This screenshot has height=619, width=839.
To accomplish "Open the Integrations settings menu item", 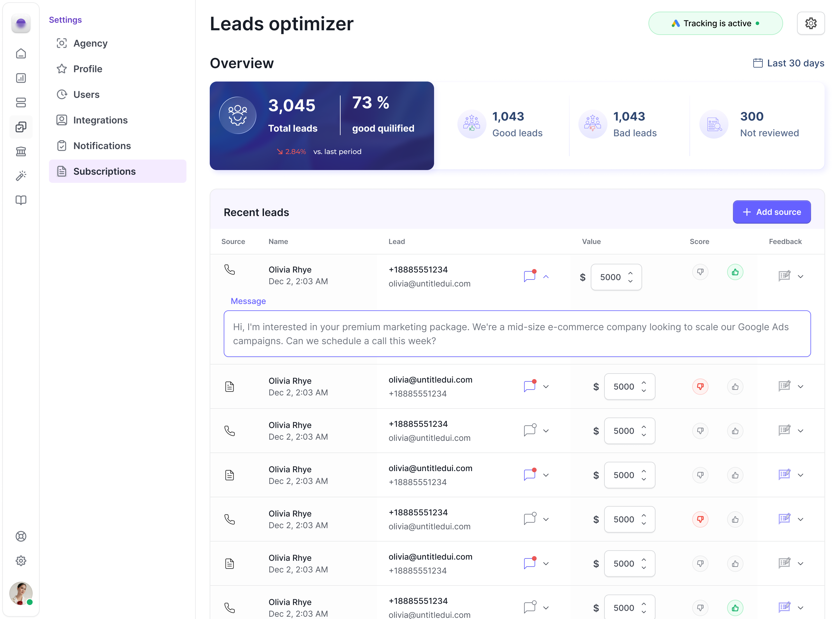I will pyautogui.click(x=100, y=120).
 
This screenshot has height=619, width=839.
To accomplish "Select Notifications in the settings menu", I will pyautogui.click(x=102, y=146).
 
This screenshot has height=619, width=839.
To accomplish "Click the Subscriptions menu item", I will pyautogui.click(x=104, y=171).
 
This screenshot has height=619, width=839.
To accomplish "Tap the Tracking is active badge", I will pyautogui.click(x=715, y=23).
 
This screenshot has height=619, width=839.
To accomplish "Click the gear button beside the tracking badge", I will pyautogui.click(x=810, y=23).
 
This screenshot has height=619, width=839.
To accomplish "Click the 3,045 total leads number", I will pyautogui.click(x=292, y=105).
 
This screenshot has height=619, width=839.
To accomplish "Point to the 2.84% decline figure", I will pyautogui.click(x=295, y=152).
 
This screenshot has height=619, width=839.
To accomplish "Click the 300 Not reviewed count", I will pyautogui.click(x=751, y=116).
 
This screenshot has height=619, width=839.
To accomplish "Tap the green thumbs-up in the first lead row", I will pyautogui.click(x=735, y=272).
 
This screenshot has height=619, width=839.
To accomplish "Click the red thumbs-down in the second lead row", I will pyautogui.click(x=700, y=386).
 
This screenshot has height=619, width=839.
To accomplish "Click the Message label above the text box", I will pyautogui.click(x=248, y=301).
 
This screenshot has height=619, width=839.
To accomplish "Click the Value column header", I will pyautogui.click(x=591, y=242).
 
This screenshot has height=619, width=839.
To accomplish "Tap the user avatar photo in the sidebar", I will pyautogui.click(x=21, y=593).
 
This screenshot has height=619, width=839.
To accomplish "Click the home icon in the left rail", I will pyautogui.click(x=21, y=54).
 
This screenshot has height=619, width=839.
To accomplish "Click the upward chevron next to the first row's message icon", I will pyautogui.click(x=546, y=277).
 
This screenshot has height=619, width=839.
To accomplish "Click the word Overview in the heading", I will pyautogui.click(x=242, y=63).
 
